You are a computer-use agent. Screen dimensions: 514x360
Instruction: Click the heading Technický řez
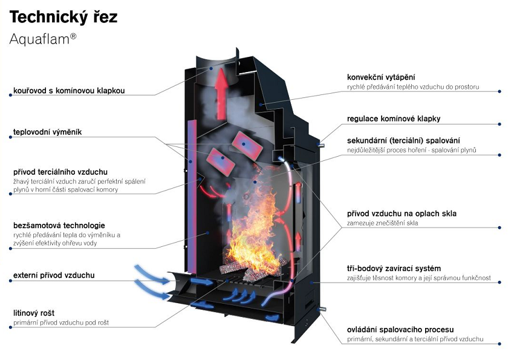[x=63, y=17]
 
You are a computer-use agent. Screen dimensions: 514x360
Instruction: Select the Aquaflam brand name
[x=40, y=39]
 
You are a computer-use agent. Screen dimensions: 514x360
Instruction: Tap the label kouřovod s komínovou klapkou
[x=69, y=91]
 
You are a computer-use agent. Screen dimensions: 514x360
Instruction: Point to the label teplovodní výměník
[x=47, y=132]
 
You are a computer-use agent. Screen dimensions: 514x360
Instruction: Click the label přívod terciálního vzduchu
[x=60, y=172]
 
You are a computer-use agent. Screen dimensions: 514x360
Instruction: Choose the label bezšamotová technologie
[x=59, y=226]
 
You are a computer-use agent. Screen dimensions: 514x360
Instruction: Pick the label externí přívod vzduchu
[x=54, y=275]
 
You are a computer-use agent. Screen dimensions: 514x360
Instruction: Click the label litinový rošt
[x=34, y=313]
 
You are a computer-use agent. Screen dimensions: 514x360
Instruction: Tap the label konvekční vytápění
[x=381, y=77]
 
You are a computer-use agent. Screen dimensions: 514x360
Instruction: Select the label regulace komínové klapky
[x=394, y=119]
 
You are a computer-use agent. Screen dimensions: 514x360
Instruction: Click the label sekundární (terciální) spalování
[x=403, y=140]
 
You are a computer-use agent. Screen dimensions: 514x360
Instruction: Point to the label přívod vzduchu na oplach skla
[x=402, y=214]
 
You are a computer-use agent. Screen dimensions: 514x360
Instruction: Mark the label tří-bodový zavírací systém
[x=394, y=269]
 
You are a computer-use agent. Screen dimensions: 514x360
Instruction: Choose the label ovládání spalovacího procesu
[x=400, y=330]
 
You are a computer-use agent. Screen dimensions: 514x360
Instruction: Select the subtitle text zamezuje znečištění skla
[x=383, y=223]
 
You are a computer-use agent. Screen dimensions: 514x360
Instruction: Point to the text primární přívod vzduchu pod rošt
[x=61, y=323]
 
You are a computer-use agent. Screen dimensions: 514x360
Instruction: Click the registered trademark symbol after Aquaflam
[x=73, y=36]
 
